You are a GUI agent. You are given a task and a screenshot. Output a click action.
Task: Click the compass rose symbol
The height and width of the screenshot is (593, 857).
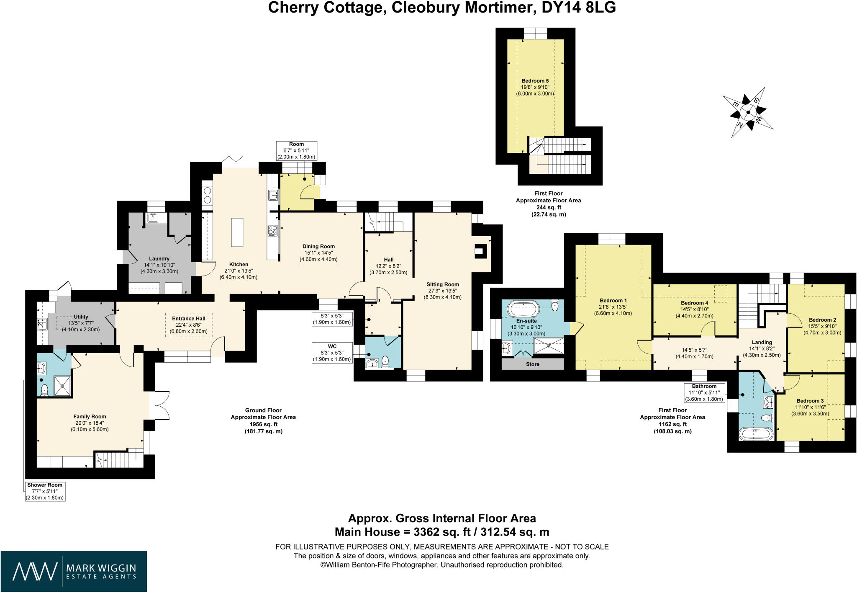(x=748, y=112)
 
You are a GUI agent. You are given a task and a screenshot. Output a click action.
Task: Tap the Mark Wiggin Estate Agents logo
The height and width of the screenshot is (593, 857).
(x=74, y=571)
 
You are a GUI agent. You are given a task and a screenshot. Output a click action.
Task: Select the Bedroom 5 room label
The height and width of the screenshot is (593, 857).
(x=535, y=81)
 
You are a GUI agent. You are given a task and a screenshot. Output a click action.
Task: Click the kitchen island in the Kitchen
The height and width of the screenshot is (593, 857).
(x=237, y=232)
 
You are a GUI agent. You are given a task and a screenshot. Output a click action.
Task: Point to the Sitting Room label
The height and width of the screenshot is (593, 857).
(x=443, y=284)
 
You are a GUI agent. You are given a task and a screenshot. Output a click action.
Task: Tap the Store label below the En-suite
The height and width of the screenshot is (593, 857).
(x=532, y=364)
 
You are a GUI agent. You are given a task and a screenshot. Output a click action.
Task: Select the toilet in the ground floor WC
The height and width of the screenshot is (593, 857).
(x=385, y=361)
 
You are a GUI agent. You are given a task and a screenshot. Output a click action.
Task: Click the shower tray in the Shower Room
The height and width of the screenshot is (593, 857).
(x=62, y=386)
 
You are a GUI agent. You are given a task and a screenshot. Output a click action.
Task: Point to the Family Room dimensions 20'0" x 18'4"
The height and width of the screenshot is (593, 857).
(x=90, y=423)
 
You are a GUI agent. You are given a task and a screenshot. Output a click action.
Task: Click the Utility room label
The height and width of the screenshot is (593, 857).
(x=81, y=317)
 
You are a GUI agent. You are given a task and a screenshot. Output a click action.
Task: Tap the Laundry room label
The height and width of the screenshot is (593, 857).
(x=159, y=258)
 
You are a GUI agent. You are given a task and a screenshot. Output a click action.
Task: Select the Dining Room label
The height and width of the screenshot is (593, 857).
(x=318, y=246)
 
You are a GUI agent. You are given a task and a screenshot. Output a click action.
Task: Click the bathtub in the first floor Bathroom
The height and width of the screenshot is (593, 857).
(x=755, y=433)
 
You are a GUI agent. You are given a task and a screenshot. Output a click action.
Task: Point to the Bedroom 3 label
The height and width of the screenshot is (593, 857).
(x=810, y=401)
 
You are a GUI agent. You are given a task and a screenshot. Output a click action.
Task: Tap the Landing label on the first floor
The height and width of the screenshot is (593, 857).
(x=762, y=342)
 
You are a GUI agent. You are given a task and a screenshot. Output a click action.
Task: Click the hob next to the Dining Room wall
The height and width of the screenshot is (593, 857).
(x=272, y=230)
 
